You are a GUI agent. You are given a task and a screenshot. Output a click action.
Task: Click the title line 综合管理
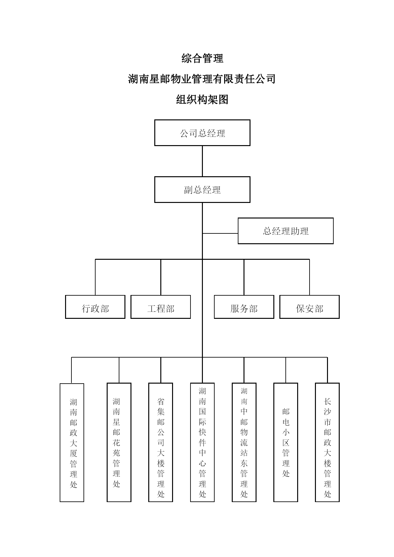pos(202,58)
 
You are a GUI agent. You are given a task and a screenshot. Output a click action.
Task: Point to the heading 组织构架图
pos(202,100)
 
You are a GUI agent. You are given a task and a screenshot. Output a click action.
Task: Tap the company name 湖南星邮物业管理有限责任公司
pos(202,79)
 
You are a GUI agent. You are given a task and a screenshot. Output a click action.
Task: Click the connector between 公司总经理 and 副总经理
pos(202,161)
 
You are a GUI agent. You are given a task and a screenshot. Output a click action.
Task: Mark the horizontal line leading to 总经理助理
pos(220,233)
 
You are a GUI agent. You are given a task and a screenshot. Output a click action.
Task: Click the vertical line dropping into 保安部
pos(310,277)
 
